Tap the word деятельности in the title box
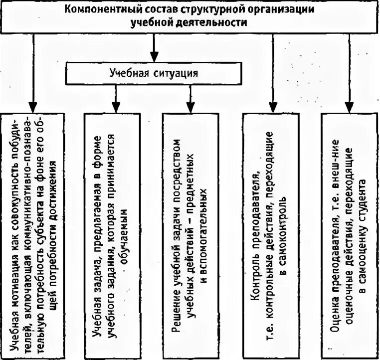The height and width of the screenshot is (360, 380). [x=215, y=22]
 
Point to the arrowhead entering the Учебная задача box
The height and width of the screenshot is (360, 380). [x=116, y=108]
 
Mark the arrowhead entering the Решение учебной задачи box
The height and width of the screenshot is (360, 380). [x=190, y=108]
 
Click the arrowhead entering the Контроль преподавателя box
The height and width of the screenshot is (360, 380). [x=273, y=108]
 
